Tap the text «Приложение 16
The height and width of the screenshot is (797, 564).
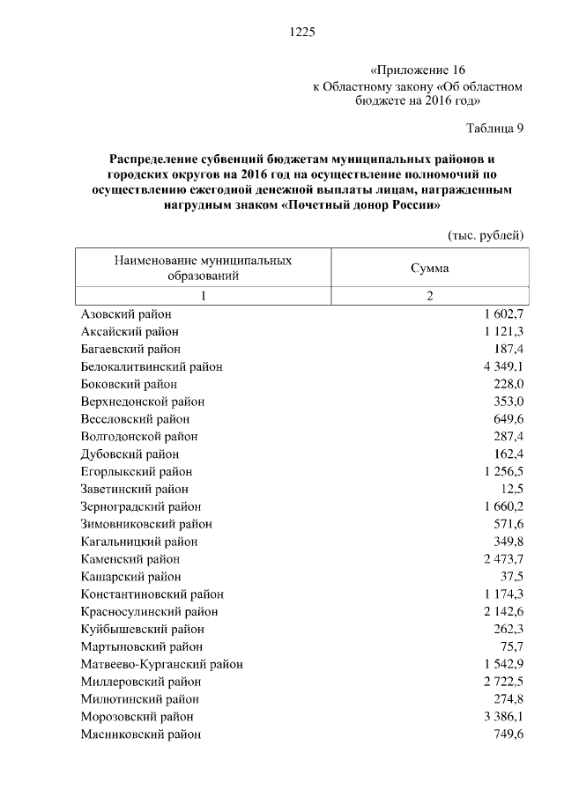416,70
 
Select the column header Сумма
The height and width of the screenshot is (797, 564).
429,268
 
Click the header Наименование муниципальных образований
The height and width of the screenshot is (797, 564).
203,268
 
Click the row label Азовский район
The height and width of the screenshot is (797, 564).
126,314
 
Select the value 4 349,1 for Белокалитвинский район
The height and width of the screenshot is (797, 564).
503,366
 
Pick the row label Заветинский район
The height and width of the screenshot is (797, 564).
135,489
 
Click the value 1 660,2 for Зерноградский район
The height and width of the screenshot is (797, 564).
503,506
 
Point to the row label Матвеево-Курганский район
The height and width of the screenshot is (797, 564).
161,664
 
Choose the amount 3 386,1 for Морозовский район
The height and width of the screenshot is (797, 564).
503,717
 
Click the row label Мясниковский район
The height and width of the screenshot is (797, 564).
140,734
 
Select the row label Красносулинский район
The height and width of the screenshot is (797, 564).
149,611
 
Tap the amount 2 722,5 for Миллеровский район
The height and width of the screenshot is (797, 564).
503,682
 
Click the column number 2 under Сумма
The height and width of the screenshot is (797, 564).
429,296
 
